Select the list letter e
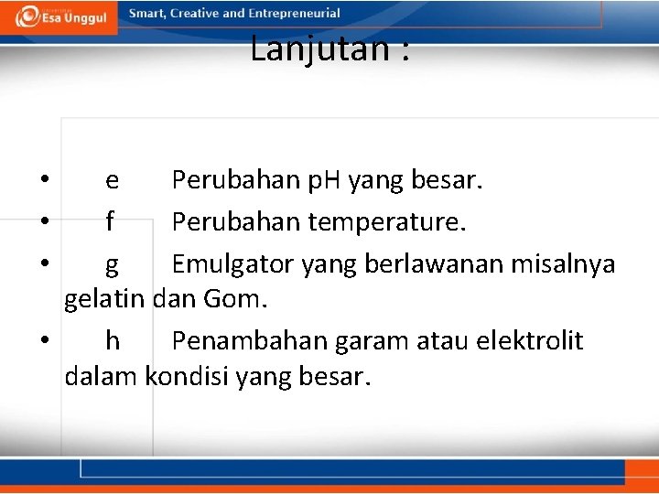point(112,180)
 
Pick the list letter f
point(111,221)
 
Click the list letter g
point(112,265)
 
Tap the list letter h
point(112,341)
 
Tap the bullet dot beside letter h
point(44,340)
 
